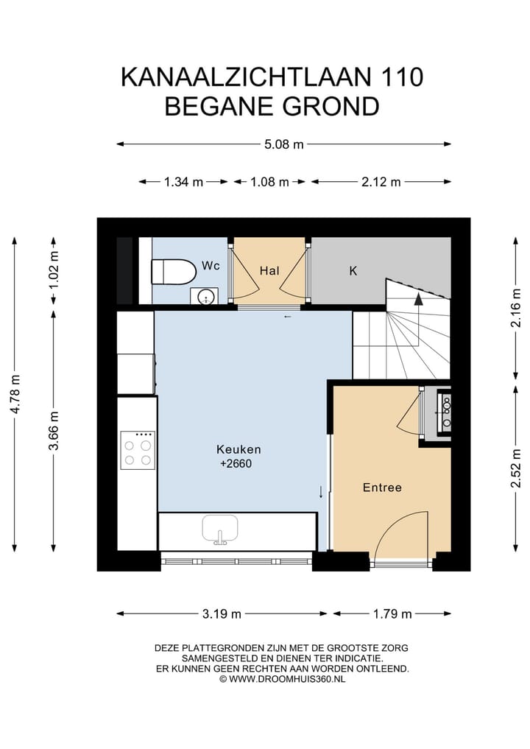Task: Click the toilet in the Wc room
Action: [x=173, y=272]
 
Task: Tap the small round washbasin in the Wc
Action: [x=205, y=296]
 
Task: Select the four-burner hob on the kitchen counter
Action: [x=138, y=451]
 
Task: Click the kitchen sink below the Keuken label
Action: [x=220, y=530]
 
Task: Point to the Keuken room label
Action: [x=239, y=449]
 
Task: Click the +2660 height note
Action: [x=236, y=464]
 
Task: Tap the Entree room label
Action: [x=382, y=488]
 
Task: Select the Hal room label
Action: [x=269, y=271]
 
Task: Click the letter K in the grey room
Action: [x=353, y=271]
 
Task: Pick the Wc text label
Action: [x=211, y=266]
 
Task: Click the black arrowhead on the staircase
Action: [x=418, y=300]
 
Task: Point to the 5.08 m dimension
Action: [x=284, y=144]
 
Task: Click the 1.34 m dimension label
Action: [x=184, y=182]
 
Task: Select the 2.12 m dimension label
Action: [x=381, y=182]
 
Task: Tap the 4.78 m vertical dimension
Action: [x=15, y=394]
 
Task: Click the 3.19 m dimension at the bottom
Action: [x=222, y=613]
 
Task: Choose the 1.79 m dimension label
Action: [x=392, y=613]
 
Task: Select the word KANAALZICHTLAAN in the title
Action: [x=246, y=77]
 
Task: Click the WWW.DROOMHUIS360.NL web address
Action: [x=287, y=679]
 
